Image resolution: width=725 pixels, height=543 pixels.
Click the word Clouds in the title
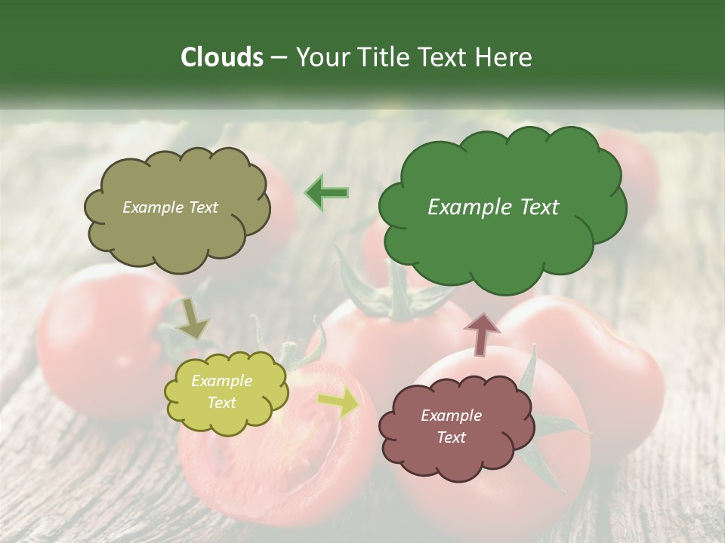[221, 57]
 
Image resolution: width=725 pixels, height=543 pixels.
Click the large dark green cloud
[502, 226]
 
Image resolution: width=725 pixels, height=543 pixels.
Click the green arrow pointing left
[327, 192]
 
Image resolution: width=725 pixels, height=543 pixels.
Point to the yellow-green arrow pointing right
[339, 403]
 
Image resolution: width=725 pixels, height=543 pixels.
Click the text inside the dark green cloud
[493, 207]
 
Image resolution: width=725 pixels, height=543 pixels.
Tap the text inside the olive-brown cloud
[170, 207]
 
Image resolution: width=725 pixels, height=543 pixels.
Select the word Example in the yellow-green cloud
[221, 381]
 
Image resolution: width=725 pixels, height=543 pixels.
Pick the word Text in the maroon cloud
[451, 437]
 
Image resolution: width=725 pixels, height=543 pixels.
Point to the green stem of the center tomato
[389, 294]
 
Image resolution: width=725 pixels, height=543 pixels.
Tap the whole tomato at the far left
[98, 339]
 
